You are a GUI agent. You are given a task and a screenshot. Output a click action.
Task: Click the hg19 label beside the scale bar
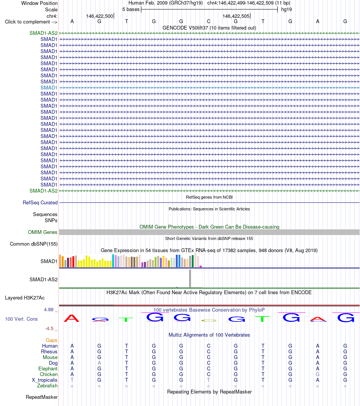coord(286,9)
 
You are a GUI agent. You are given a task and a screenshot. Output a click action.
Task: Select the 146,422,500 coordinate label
coord(100,16)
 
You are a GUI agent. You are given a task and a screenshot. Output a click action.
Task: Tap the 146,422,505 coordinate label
coord(236,16)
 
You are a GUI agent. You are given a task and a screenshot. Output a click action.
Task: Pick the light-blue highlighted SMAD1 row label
coord(49,88)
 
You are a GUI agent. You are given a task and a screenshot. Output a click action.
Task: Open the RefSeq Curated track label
coord(40,203)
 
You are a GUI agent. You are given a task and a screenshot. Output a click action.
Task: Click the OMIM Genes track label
coord(43,232)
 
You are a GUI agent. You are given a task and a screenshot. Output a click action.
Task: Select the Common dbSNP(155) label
coord(34,244)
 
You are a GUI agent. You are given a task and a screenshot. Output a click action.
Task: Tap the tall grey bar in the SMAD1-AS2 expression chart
coord(190,278)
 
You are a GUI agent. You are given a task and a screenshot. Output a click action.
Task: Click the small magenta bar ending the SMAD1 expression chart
coord(200,266)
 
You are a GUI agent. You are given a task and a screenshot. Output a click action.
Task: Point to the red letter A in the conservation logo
coord(71,318)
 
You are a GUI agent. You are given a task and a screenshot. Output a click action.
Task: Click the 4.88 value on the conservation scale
coord(49,310)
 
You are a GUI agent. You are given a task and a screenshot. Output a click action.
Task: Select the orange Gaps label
coord(52,340)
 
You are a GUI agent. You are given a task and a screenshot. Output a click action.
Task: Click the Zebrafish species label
coord(47,386)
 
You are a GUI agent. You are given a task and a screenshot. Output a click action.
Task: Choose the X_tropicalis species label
coord(44,380)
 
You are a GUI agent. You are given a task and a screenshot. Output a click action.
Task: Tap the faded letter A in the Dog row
coord(99,363)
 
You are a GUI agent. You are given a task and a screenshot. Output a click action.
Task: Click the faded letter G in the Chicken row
coord(318,375)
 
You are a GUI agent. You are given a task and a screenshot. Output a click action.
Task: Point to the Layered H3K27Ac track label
coord(25,298)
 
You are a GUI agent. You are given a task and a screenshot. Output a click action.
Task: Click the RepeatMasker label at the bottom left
coord(42,397)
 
